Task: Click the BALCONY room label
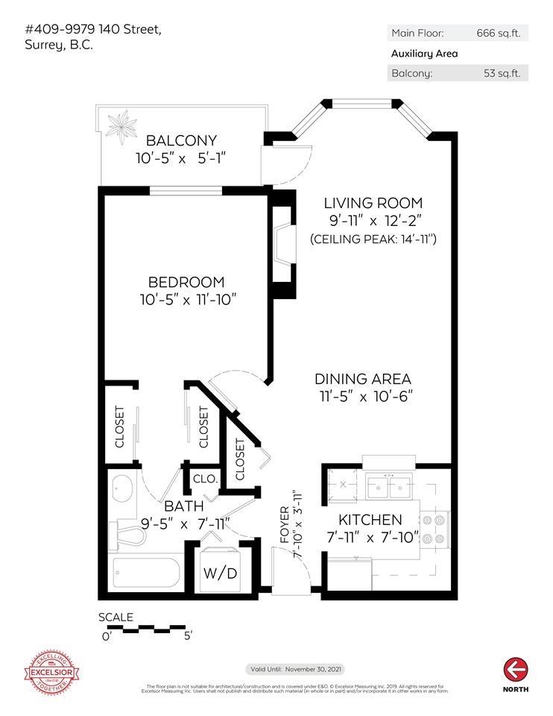click(180, 140)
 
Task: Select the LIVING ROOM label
click(373, 203)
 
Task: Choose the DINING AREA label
click(362, 379)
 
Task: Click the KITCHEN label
click(370, 520)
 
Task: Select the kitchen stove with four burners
click(435, 528)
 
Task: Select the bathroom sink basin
click(123, 491)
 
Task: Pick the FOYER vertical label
click(284, 527)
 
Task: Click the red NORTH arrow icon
click(515, 668)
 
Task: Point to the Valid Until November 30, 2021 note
click(295, 669)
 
